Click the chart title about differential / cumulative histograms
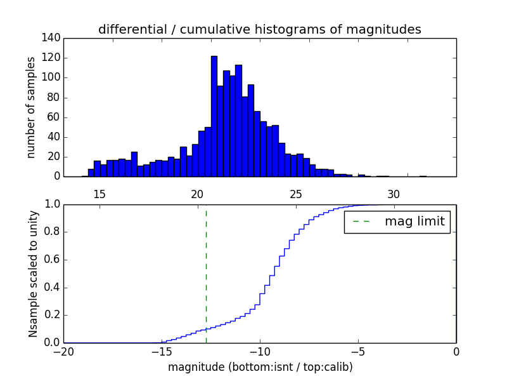click(259, 30)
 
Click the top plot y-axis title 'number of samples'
click(31, 107)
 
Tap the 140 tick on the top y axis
click(53, 38)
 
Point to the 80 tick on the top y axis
click(55, 98)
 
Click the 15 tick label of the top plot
click(99, 194)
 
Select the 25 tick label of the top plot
click(295, 194)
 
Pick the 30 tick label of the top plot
click(394, 194)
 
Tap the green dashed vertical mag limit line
click(206, 273)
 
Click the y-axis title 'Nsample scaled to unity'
click(34, 274)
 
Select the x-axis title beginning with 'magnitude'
click(260, 367)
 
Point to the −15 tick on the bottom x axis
click(162, 351)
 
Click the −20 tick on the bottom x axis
click(63, 351)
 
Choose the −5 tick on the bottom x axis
click(358, 351)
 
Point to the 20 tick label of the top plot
click(197, 194)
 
